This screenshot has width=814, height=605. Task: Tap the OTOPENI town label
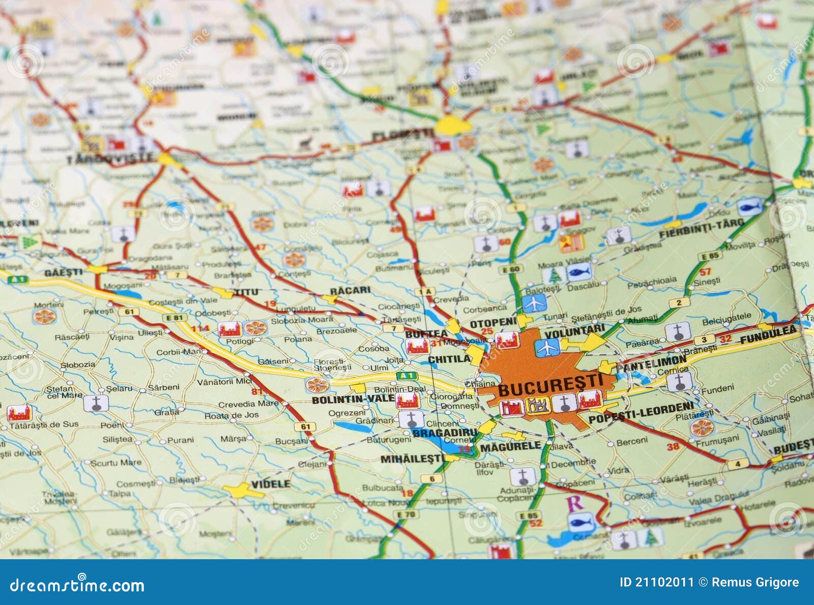click(493, 323)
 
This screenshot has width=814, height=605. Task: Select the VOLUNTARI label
click(575, 331)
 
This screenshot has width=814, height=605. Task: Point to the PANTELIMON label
click(651, 363)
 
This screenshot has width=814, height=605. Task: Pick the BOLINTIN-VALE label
click(353, 399)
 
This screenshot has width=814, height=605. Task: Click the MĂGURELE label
click(510, 447)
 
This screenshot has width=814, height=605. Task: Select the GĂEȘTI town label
click(63, 272)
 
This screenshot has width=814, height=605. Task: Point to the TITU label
click(246, 292)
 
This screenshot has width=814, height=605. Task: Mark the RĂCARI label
click(350, 290)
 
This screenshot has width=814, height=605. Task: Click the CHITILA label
click(449, 359)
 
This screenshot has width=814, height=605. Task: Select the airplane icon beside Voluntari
click(547, 348)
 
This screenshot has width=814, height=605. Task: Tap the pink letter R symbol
click(575, 503)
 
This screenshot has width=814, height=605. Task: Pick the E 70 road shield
click(406, 514)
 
